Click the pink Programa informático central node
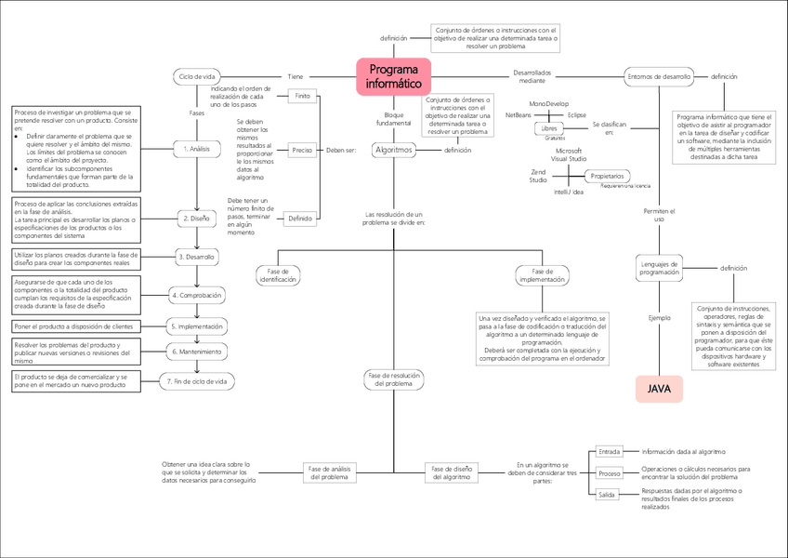tap(393, 75)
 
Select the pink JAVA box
tap(659, 389)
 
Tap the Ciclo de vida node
tap(196, 76)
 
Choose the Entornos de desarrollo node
tap(659, 76)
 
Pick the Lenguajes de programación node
tap(659, 268)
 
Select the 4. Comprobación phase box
tap(196, 295)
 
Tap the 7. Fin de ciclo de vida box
tap(196, 380)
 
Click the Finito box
tap(302, 97)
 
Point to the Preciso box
tap(302, 149)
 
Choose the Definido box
tap(300, 219)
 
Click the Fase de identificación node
tap(278, 274)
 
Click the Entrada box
tap(610, 451)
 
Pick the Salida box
tap(607, 495)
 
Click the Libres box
tap(548, 128)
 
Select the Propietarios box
tap(608, 176)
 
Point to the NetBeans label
tap(519, 113)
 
